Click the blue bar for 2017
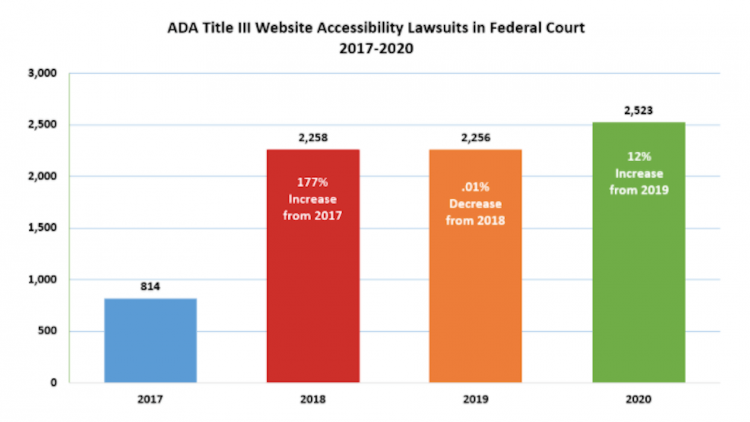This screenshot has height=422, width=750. (151, 341)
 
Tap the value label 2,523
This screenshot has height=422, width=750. (639, 111)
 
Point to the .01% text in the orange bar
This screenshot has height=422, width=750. (475, 189)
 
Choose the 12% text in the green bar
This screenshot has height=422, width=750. (639, 158)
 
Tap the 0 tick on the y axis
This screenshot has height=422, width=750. (53, 383)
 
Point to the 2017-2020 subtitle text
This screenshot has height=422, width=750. (376, 49)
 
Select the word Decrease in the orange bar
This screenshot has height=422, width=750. (475, 205)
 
